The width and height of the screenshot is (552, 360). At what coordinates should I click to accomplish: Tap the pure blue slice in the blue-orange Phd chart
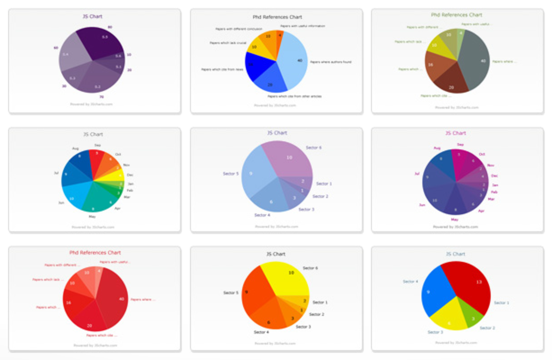(x=254, y=65)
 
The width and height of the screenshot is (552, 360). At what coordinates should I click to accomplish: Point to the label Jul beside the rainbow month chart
(x=56, y=173)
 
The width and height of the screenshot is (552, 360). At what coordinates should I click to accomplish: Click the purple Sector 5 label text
(x=231, y=174)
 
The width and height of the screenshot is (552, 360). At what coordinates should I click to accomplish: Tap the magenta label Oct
(x=482, y=154)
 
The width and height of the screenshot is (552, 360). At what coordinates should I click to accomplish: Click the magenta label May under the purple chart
(x=455, y=219)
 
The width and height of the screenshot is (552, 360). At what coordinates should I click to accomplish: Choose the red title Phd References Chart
(x=95, y=253)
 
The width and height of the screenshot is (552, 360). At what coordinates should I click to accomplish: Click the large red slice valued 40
(x=114, y=297)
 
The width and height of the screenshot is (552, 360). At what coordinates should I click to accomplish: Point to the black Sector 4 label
(x=261, y=332)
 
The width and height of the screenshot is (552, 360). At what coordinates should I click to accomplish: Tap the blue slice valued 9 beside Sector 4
(x=436, y=293)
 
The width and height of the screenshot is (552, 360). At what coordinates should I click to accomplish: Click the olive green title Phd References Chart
(x=457, y=15)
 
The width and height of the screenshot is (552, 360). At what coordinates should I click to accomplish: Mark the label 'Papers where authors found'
(x=331, y=62)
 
